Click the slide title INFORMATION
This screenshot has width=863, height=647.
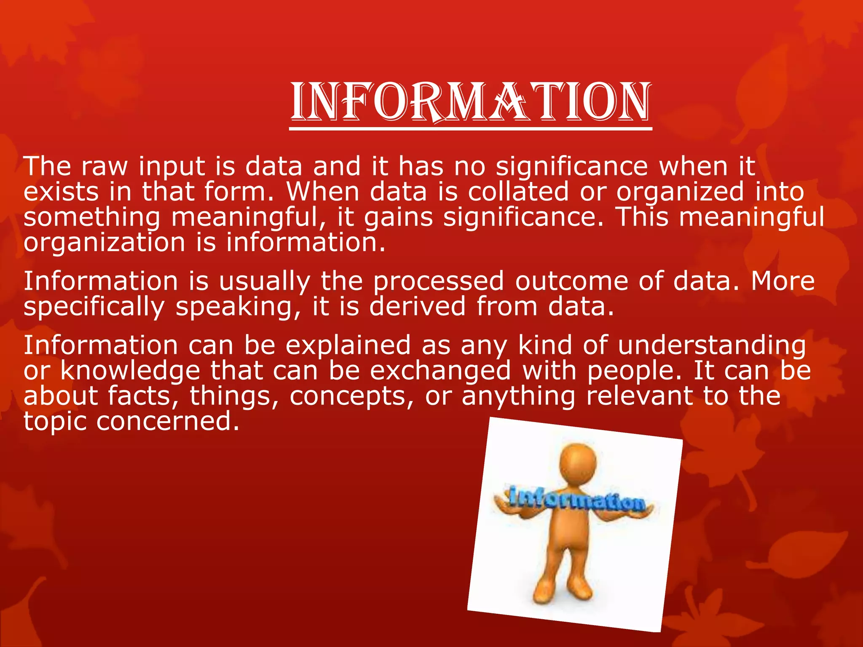coord(471,102)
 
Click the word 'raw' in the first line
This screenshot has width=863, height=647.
coord(104,166)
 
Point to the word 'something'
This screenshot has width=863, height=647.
coord(92,218)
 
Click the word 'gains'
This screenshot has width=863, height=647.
coord(398,218)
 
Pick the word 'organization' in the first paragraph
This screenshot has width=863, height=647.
coord(104,243)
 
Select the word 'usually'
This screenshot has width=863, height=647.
coord(265,281)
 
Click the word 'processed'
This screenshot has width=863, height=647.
coord(438,281)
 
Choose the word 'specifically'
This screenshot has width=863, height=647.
coord(94,307)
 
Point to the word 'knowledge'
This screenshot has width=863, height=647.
coord(130,371)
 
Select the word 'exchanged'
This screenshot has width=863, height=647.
coord(440,371)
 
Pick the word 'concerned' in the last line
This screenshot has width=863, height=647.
coord(168,421)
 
